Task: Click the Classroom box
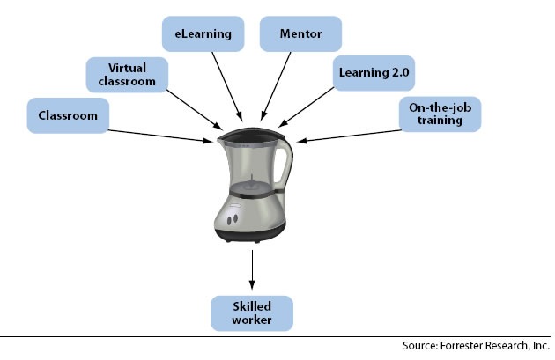coord(68,115)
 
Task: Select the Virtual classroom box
coord(127,75)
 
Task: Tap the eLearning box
coord(203,34)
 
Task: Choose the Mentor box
coord(301,34)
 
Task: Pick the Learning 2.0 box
coord(374,73)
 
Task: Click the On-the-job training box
coord(440,114)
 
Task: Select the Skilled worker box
coord(252,313)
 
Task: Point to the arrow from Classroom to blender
coord(159,136)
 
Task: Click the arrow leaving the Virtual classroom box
coord(195,110)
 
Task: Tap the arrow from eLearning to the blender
coord(227,86)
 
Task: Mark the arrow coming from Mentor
coord(276,86)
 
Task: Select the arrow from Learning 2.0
coord(307,107)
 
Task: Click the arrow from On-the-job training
coord(349,136)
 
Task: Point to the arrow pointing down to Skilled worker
coord(252,270)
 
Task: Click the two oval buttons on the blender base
coord(233,219)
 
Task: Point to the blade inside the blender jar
coord(251,183)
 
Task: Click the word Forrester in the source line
coord(462,346)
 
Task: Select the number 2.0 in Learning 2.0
coord(401,72)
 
